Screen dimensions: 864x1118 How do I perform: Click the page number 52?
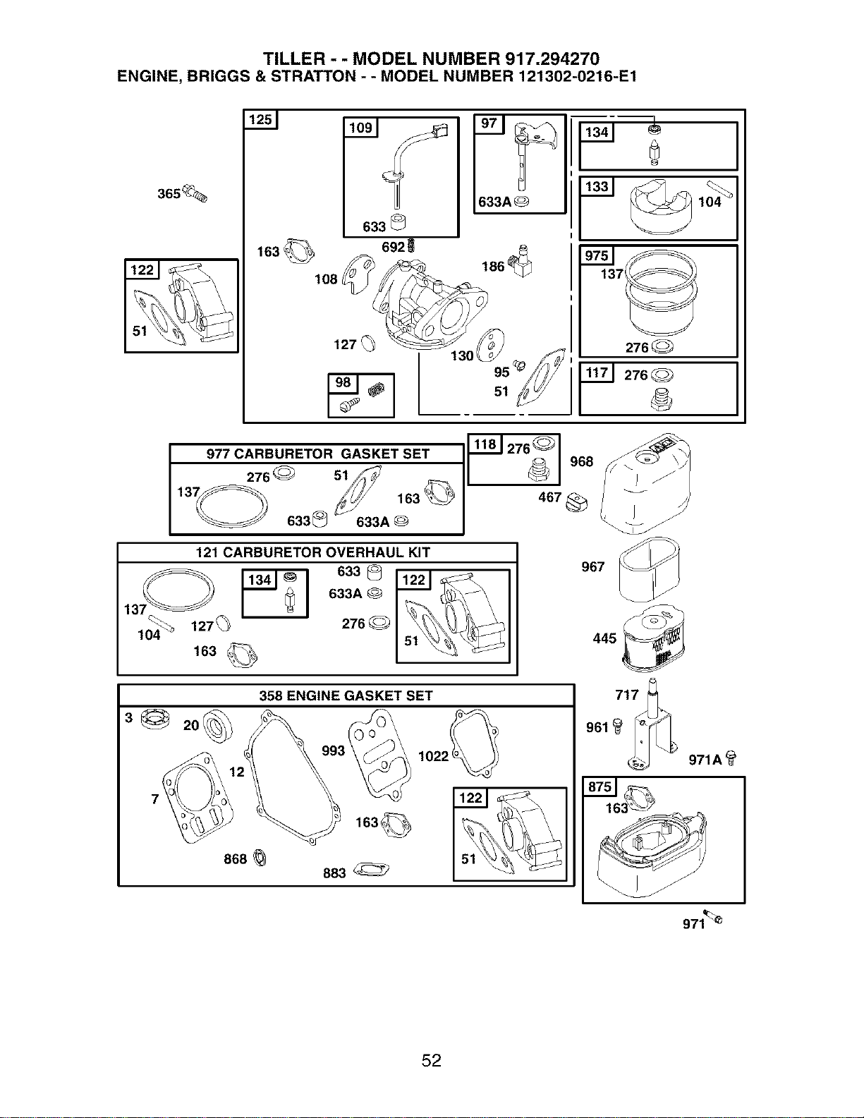coord(432,1060)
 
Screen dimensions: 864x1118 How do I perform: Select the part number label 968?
coord(582,461)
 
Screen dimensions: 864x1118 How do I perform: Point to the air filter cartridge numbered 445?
coord(654,638)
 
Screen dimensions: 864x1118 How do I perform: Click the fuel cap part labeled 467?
coord(576,502)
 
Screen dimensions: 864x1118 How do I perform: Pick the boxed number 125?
coord(260,119)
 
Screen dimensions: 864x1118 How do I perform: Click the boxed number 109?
coord(360,127)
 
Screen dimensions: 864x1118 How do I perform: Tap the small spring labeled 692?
coord(410,246)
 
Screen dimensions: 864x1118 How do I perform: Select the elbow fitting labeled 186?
coord(521,261)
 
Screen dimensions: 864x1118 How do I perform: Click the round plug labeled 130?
coord(490,346)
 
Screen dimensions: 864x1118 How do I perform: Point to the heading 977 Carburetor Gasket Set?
coord(317,454)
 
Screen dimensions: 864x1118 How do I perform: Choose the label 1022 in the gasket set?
coord(434,755)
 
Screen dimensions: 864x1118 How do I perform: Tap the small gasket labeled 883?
coord(371,870)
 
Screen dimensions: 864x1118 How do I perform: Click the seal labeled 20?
coord(217,727)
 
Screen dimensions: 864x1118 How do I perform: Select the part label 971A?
coord(705,760)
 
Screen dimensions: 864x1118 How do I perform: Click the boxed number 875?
coord(600,786)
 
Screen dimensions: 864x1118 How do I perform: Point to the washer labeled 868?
coord(260,858)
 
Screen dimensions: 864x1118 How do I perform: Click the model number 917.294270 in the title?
coord(552,59)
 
